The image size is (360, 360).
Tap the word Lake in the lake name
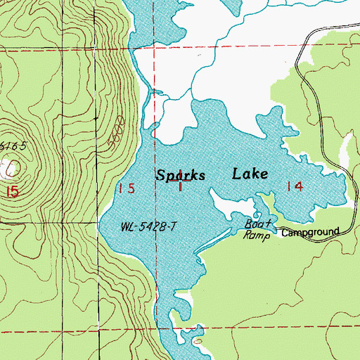pyautogui.click(x=250, y=174)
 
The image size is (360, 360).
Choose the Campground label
pyautogui.click(x=310, y=231)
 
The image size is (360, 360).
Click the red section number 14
pyautogui.click(x=294, y=186)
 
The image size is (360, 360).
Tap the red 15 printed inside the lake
pyautogui.click(x=126, y=188)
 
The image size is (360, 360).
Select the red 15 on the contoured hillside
pyautogui.click(x=9, y=191)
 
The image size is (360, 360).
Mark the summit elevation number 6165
pyautogui.click(x=13, y=146)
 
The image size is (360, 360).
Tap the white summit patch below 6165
pyautogui.click(x=8, y=167)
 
